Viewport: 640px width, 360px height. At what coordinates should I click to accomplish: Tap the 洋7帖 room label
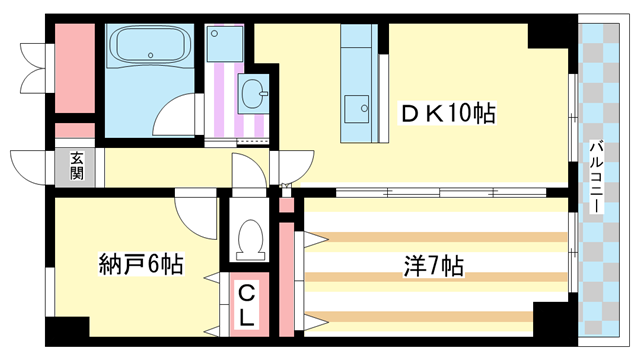point(432,267)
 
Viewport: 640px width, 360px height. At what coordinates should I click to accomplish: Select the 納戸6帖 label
point(139,265)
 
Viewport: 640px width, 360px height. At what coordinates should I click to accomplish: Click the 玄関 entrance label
point(77,165)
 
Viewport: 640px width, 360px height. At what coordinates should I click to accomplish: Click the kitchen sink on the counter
point(357,107)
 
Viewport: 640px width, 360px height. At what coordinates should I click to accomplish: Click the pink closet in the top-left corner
point(74,67)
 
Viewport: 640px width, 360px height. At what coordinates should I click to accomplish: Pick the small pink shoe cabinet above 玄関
point(74,131)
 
